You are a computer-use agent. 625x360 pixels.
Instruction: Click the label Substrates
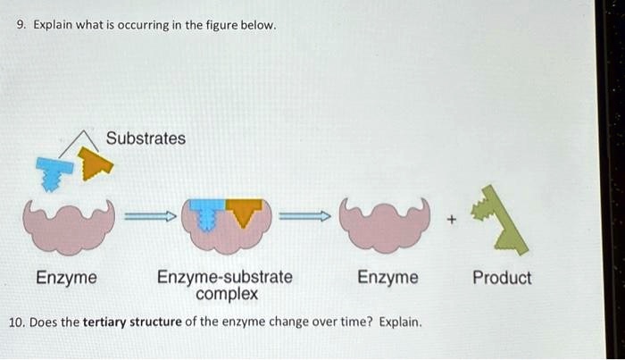146,138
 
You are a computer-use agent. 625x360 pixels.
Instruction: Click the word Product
502,278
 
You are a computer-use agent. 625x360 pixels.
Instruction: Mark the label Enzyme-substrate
225,278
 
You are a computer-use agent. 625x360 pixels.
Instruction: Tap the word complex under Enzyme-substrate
227,293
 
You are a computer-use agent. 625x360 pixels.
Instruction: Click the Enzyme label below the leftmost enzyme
66,278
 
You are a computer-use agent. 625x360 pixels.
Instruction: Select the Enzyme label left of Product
387,278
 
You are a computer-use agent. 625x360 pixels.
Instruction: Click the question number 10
17,322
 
